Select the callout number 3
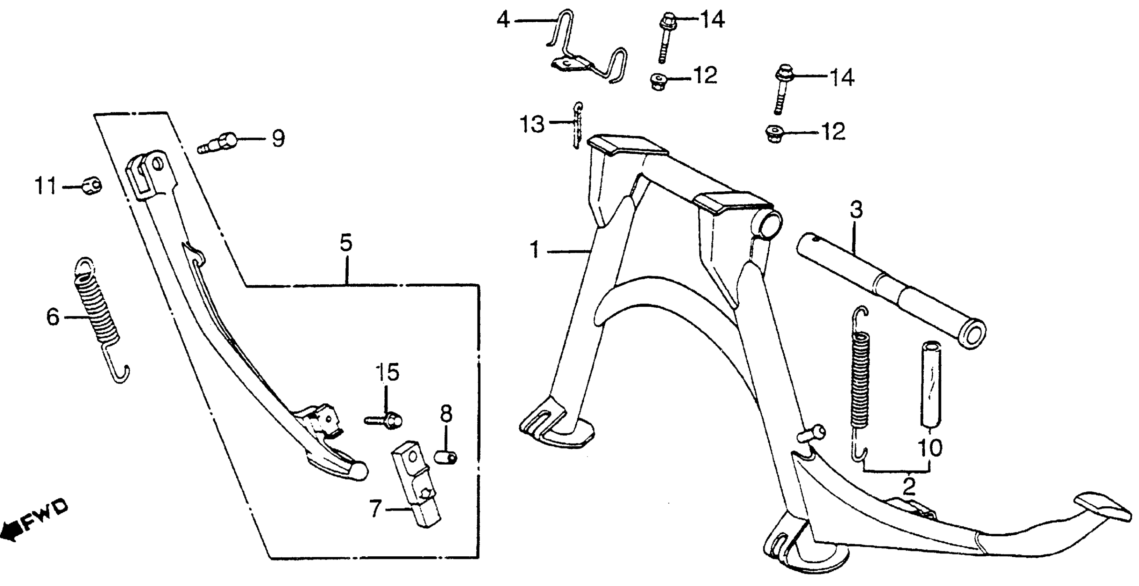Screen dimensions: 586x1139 click(856, 210)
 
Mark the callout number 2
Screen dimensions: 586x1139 click(909, 486)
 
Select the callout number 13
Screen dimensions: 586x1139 click(532, 124)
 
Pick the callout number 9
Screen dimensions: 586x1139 click(278, 139)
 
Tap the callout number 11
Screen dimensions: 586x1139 click(46, 186)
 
